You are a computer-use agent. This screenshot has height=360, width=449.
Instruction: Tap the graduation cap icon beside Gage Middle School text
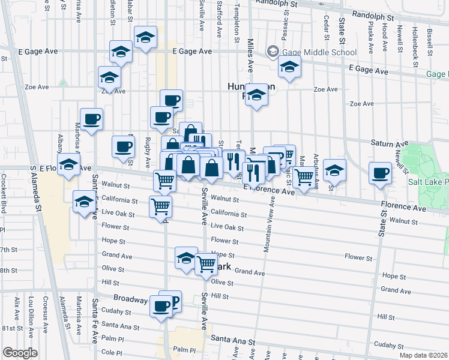273,52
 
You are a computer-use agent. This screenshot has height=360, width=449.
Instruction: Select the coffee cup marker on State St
380,174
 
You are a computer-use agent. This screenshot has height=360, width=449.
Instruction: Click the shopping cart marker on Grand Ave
206,263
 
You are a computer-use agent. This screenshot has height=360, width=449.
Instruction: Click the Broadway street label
131,298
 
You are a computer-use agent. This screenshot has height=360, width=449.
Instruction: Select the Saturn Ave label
389,143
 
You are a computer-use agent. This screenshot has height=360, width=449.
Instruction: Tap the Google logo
20,352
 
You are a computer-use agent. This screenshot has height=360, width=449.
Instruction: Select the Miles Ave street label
250,54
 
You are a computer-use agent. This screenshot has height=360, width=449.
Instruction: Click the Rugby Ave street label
148,152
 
